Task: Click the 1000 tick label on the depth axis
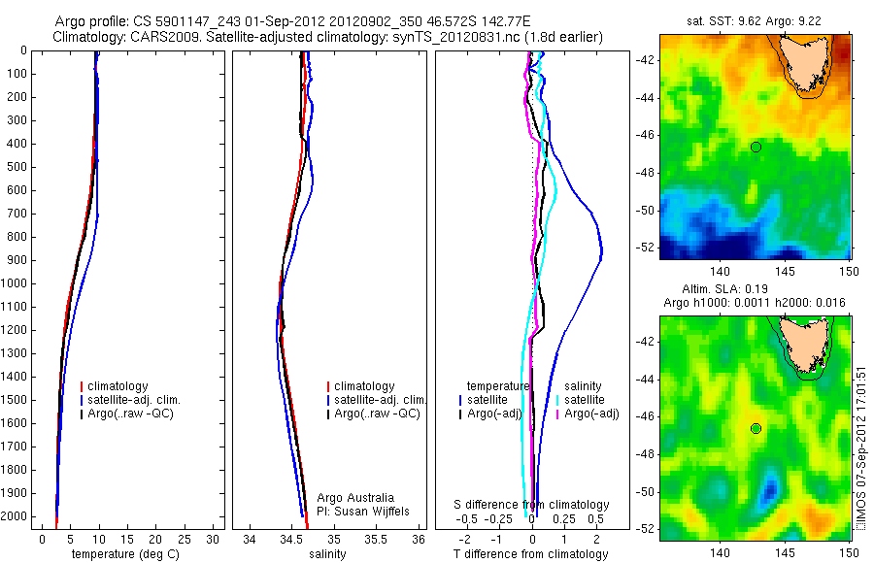[x=14, y=283]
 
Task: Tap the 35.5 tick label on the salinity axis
[x=377, y=539]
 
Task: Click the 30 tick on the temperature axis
[x=213, y=539]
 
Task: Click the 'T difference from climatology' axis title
[x=530, y=554]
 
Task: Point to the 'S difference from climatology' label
[x=532, y=505]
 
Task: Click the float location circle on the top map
[x=756, y=147]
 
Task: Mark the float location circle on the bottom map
[x=756, y=428]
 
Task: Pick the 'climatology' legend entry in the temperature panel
[x=118, y=385]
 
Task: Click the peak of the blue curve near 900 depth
[x=602, y=254]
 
